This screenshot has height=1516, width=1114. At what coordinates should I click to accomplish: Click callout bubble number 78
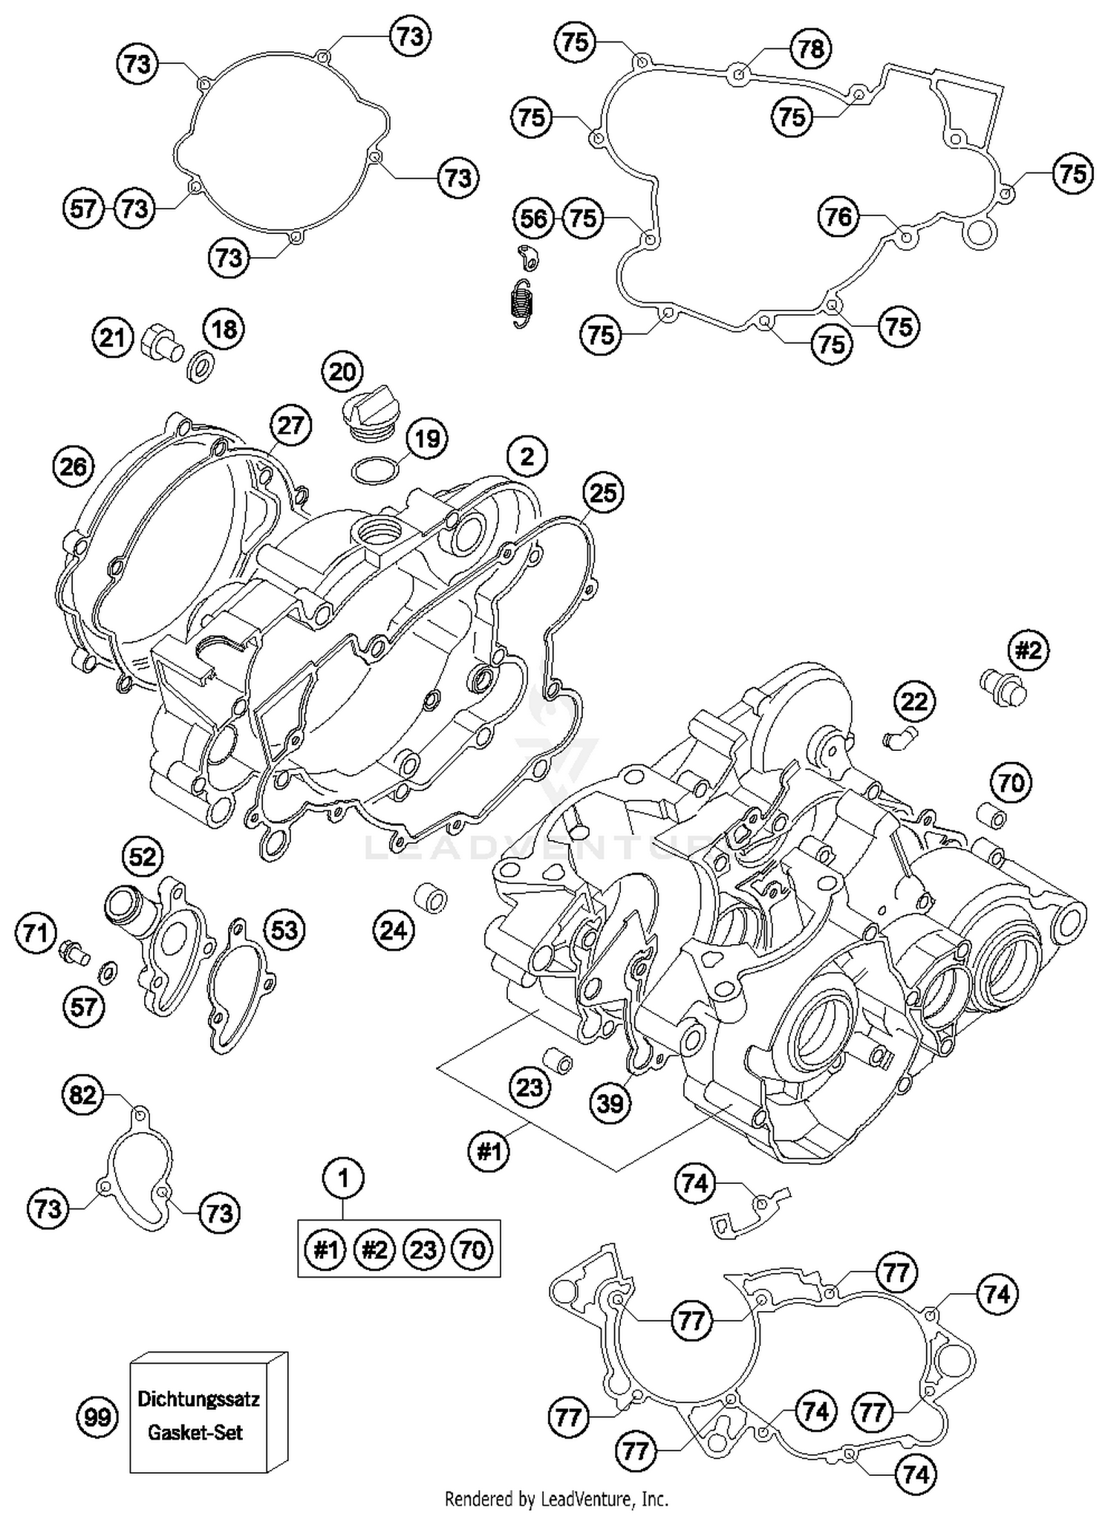point(810,48)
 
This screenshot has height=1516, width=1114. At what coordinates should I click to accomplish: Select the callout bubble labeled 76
point(838,216)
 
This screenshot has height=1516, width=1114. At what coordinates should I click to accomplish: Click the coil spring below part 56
point(522,303)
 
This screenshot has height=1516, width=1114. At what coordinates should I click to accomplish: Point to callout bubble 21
point(112,338)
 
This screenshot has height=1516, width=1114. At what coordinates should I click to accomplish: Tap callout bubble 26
point(74,466)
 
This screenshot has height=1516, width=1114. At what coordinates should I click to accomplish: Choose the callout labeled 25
point(602,492)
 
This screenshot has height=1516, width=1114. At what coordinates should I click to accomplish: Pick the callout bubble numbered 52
point(143,856)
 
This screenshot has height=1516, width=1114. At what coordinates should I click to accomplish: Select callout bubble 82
point(82,1094)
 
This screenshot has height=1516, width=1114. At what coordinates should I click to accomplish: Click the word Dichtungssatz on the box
point(198,1399)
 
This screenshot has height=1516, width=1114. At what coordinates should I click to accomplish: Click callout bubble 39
point(610,1103)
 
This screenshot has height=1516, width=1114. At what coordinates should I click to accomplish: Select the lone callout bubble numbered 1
point(343,1177)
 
